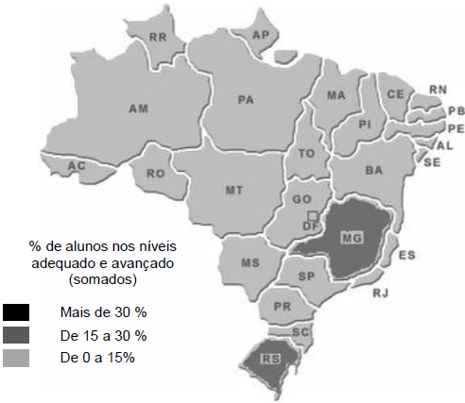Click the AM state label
[138, 109]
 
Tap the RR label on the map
[159, 38]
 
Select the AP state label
[262, 35]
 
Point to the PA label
[246, 99]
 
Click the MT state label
[234, 190]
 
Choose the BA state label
[373, 170]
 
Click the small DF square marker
[311, 216]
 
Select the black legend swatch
[17, 312]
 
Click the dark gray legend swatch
[17, 335]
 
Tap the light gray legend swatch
[17, 358]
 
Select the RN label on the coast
[437, 91]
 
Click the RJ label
[380, 294]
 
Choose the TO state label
[304, 152]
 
